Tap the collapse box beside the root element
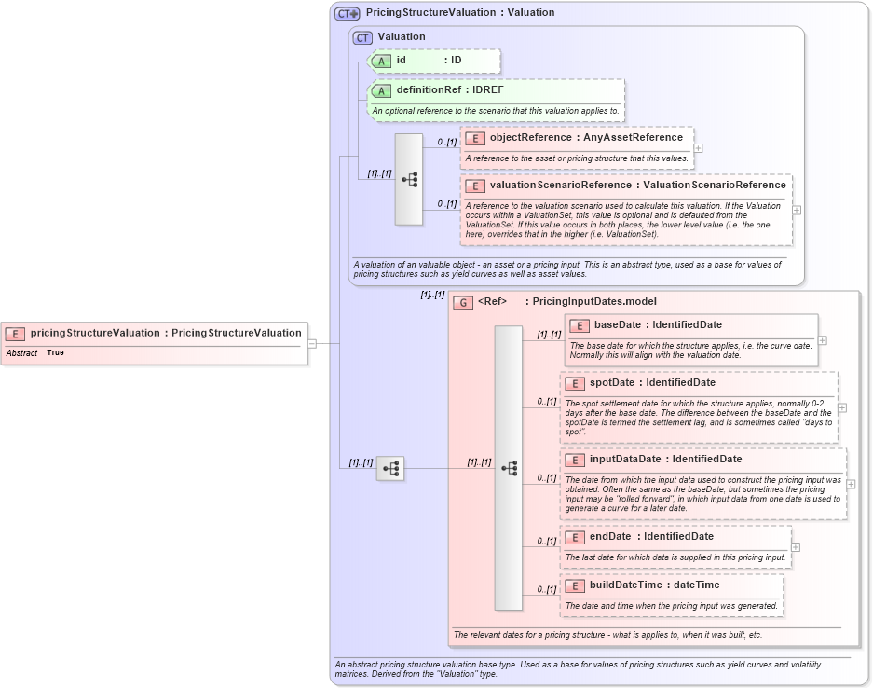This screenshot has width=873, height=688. click(x=312, y=343)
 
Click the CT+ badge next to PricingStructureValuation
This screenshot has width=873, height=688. click(x=348, y=13)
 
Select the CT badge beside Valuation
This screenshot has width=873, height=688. click(x=362, y=37)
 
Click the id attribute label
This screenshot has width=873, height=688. click(x=402, y=61)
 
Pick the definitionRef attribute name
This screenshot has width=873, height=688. click(x=429, y=90)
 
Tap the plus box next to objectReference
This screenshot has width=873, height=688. click(x=698, y=147)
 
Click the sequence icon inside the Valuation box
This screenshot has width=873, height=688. click(x=409, y=179)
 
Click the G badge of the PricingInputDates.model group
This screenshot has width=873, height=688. click(x=463, y=303)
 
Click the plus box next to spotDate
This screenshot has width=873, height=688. click(x=842, y=407)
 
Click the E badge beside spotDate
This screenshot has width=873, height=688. click(x=575, y=383)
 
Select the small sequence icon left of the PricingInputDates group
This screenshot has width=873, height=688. click(x=390, y=468)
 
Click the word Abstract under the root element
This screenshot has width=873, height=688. click(x=21, y=353)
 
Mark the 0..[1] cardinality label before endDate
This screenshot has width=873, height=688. click(x=547, y=541)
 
